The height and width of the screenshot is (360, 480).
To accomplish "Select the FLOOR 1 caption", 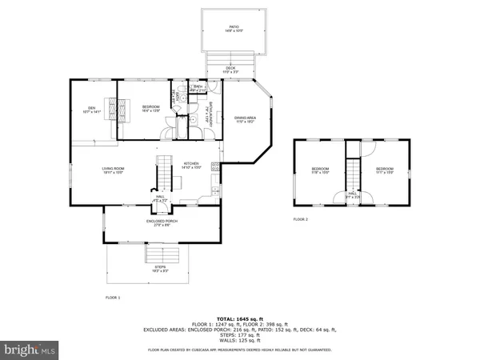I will pyautogui.click(x=113, y=297).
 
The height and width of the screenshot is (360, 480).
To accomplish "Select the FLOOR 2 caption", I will pyautogui.click(x=300, y=218).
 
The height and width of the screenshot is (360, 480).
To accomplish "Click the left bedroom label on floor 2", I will pyautogui.click(x=320, y=170).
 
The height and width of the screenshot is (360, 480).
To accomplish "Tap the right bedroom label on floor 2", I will pyautogui.click(x=386, y=170).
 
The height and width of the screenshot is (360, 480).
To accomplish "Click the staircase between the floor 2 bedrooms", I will pyautogui.click(x=352, y=171).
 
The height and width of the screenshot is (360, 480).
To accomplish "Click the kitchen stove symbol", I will pyautogui.click(x=215, y=166).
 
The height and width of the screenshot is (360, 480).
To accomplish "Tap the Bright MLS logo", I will pyautogui.click(x=30, y=350).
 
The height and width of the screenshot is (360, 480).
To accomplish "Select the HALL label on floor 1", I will pyautogui.click(x=160, y=197).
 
